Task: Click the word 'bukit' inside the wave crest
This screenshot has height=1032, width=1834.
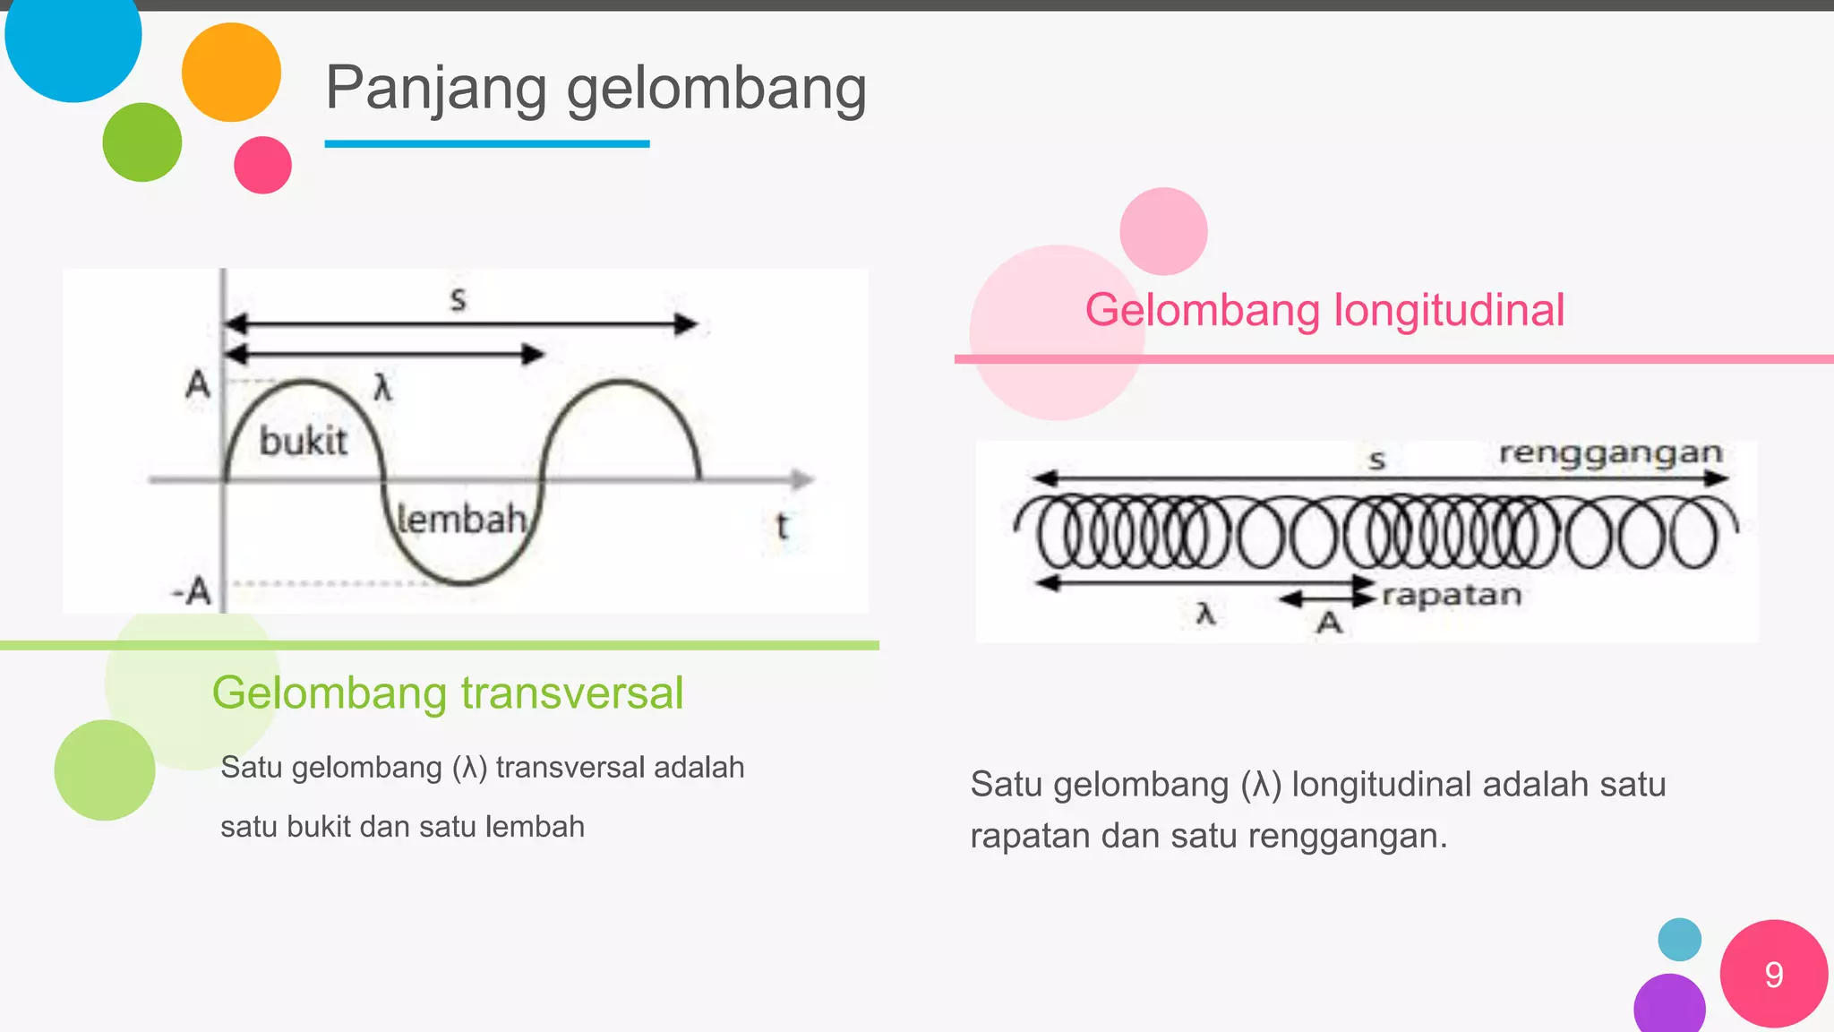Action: coord(303,442)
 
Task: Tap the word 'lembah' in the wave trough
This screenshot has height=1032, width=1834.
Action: coord(460,520)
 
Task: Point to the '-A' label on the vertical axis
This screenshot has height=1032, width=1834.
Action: coord(192,591)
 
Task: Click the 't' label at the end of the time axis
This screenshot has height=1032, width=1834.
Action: coord(783,526)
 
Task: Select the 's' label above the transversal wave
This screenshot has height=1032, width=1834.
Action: coord(458,298)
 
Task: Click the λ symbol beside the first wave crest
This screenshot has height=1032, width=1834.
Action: coord(382,388)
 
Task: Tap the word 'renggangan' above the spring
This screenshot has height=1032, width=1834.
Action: coord(1610,453)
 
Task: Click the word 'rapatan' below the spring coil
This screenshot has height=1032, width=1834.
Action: coord(1451,595)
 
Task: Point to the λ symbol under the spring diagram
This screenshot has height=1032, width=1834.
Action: coord(1206,615)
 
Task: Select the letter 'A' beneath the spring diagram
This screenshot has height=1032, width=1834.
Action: coord(1329,623)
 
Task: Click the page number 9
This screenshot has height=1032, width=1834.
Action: coord(1773,975)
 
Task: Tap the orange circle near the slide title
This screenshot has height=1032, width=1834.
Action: coord(231,72)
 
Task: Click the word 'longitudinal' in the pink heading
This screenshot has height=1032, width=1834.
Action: coord(1449,310)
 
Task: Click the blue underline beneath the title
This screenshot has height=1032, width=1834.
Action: coord(486,143)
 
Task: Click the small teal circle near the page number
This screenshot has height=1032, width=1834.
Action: coord(1679,939)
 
